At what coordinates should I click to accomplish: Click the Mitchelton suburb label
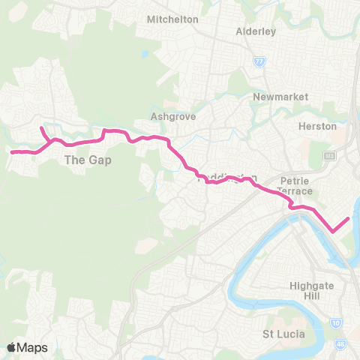[173, 19]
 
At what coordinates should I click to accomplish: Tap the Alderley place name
[256, 31]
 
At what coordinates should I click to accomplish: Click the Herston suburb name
[317, 126]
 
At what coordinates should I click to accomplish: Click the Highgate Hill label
[316, 291]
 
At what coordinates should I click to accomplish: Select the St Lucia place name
[283, 333]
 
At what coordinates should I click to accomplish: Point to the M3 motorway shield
[330, 155]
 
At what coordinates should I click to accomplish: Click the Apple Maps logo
[28, 347]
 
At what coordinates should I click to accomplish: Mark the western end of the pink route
[11, 152]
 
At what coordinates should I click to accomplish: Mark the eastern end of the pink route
[349, 218]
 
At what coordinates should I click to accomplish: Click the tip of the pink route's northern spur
[41, 128]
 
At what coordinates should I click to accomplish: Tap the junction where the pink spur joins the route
[49, 140]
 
